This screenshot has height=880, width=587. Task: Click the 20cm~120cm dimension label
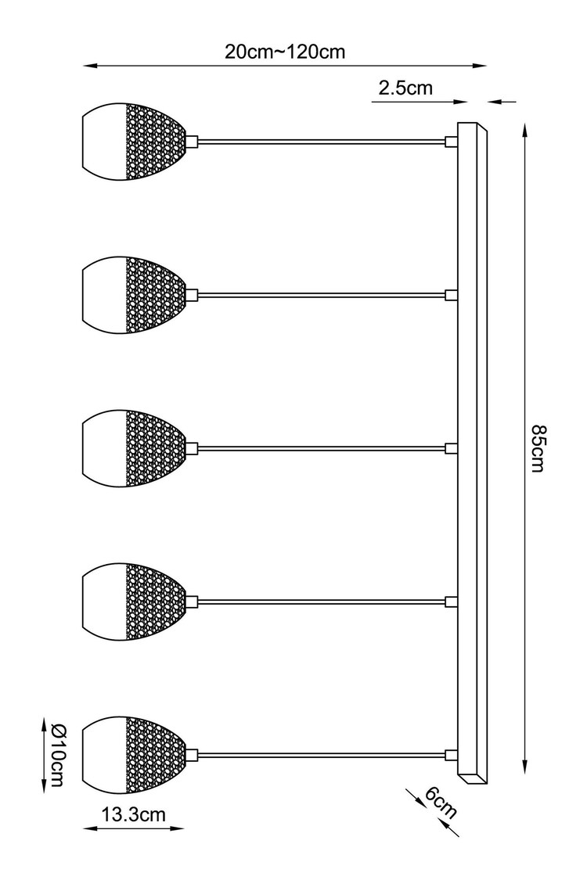click(285, 52)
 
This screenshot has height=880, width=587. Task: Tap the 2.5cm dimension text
click(405, 88)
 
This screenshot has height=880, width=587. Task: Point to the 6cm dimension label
click(441, 802)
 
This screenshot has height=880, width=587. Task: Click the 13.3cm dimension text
click(134, 814)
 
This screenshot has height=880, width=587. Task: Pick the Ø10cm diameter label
click(58, 755)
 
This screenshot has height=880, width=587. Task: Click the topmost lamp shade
click(134, 142)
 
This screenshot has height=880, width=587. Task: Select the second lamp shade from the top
click(134, 295)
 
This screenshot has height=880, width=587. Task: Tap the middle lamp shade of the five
click(134, 448)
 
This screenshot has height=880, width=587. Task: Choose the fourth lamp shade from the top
click(134, 602)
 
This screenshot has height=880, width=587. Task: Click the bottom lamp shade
click(134, 755)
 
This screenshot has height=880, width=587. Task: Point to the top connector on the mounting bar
click(451, 142)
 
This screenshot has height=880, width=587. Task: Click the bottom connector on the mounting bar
click(451, 755)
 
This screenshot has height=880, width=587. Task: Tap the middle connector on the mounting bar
click(451, 448)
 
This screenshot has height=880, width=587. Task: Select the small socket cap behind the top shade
click(192, 142)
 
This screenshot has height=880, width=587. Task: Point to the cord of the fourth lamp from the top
click(322, 602)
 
